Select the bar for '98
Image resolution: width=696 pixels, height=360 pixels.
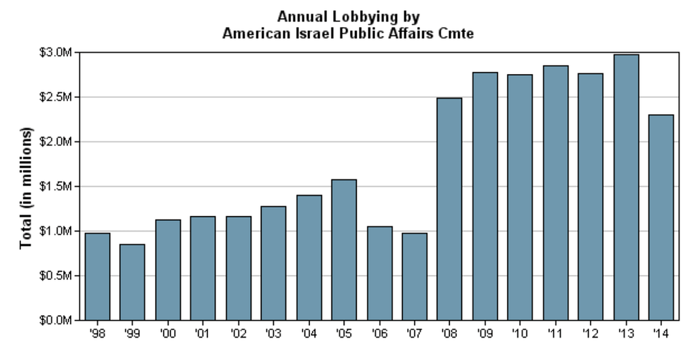click(97, 276)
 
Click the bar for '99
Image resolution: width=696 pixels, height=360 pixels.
click(133, 282)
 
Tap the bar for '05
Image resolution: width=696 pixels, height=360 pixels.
click(344, 249)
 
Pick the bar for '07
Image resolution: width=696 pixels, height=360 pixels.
click(415, 276)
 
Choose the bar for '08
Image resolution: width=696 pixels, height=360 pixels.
click(450, 209)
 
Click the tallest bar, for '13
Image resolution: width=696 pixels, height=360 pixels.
click(626, 187)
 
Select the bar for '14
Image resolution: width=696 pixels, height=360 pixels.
click(661, 217)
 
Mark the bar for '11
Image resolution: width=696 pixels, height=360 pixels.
click(555, 192)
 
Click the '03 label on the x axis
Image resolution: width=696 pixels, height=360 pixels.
click(273, 334)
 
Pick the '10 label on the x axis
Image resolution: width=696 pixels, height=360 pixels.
click(520, 334)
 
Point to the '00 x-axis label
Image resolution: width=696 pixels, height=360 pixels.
click(168, 334)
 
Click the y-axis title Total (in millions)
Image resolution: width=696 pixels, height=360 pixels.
click(27, 187)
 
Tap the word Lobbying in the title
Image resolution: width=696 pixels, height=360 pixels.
click(370, 16)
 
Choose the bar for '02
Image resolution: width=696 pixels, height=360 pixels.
click(239, 268)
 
